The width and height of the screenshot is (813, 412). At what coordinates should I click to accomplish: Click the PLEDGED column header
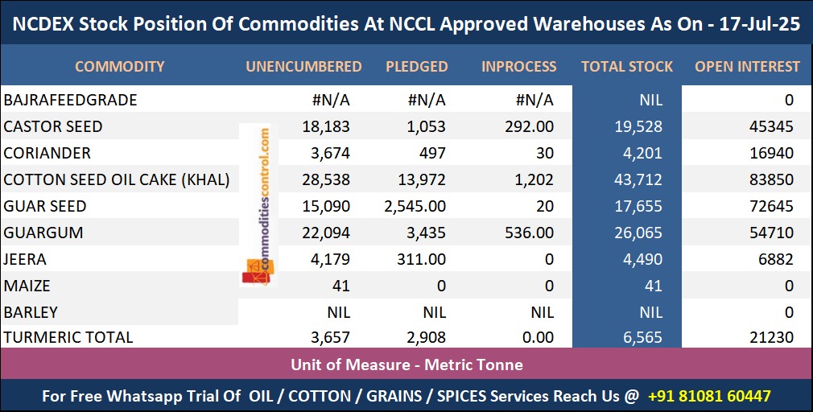[416, 67]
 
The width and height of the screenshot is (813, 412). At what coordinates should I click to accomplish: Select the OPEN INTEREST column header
[747, 67]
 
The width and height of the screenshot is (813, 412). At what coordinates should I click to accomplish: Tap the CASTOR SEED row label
[53, 126]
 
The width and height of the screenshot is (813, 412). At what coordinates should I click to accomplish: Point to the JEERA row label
[25, 259]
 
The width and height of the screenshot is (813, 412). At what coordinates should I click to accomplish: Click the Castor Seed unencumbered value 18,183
[325, 126]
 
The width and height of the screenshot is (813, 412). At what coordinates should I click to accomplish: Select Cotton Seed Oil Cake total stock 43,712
[637, 179]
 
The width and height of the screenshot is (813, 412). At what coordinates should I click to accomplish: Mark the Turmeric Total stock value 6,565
[641, 338]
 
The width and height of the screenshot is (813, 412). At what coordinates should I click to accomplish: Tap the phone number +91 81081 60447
[709, 396]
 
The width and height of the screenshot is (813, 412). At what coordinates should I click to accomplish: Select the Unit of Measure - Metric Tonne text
[406, 365]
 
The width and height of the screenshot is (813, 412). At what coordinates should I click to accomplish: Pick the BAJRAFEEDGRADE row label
[70, 100]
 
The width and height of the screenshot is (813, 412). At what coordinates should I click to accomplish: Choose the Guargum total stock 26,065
[637, 233]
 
